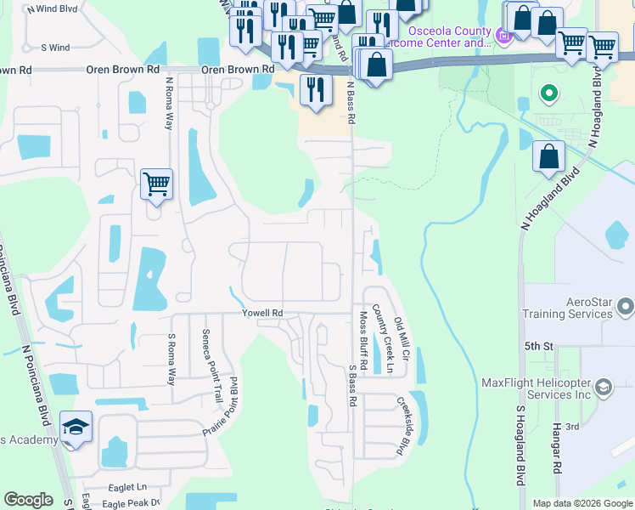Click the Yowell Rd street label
click(x=261, y=313)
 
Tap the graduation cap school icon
click(x=76, y=429)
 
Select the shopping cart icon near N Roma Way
click(x=156, y=184)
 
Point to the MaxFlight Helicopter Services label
click(x=536, y=388)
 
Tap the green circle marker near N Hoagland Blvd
click(x=548, y=93)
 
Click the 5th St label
click(x=538, y=347)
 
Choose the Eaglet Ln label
click(x=128, y=487)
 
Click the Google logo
click(x=28, y=500)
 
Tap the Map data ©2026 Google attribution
click(x=582, y=503)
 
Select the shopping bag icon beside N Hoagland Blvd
click(x=549, y=156)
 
